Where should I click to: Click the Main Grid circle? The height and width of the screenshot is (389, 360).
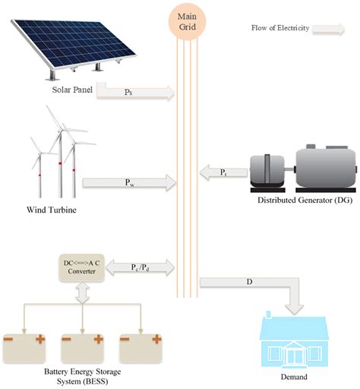186,21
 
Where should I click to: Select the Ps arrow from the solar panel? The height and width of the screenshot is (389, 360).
137,93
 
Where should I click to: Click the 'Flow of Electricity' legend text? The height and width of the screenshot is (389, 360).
280,29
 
